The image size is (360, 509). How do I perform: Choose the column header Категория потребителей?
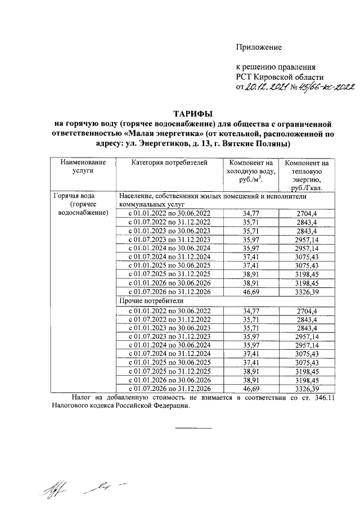[x=169, y=163]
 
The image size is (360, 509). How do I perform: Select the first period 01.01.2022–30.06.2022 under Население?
[x=170, y=214]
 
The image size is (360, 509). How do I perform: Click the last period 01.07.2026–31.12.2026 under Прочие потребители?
[x=170, y=388]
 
